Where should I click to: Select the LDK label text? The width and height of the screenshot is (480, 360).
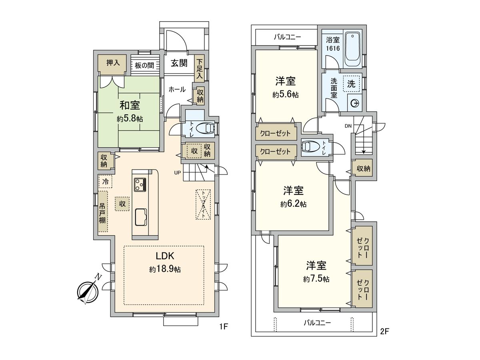pyautogui.click(x=164, y=256)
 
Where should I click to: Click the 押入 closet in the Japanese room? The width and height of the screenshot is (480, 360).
pyautogui.click(x=112, y=64)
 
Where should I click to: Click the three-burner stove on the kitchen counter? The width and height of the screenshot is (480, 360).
pyautogui.click(x=140, y=185)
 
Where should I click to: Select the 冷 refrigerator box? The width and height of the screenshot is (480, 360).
pyautogui.click(x=106, y=182)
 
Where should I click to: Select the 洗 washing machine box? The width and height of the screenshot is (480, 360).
pyautogui.click(x=351, y=85)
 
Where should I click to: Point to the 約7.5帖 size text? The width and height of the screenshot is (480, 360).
pyautogui.click(x=316, y=279)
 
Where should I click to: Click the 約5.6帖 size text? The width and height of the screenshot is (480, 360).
pyautogui.click(x=285, y=95)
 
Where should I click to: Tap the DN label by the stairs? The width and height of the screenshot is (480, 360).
pyautogui.click(x=348, y=126)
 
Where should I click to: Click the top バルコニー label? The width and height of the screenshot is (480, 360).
pyautogui.click(x=287, y=38)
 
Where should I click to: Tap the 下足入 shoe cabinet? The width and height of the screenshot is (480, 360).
pyautogui.click(x=199, y=69)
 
